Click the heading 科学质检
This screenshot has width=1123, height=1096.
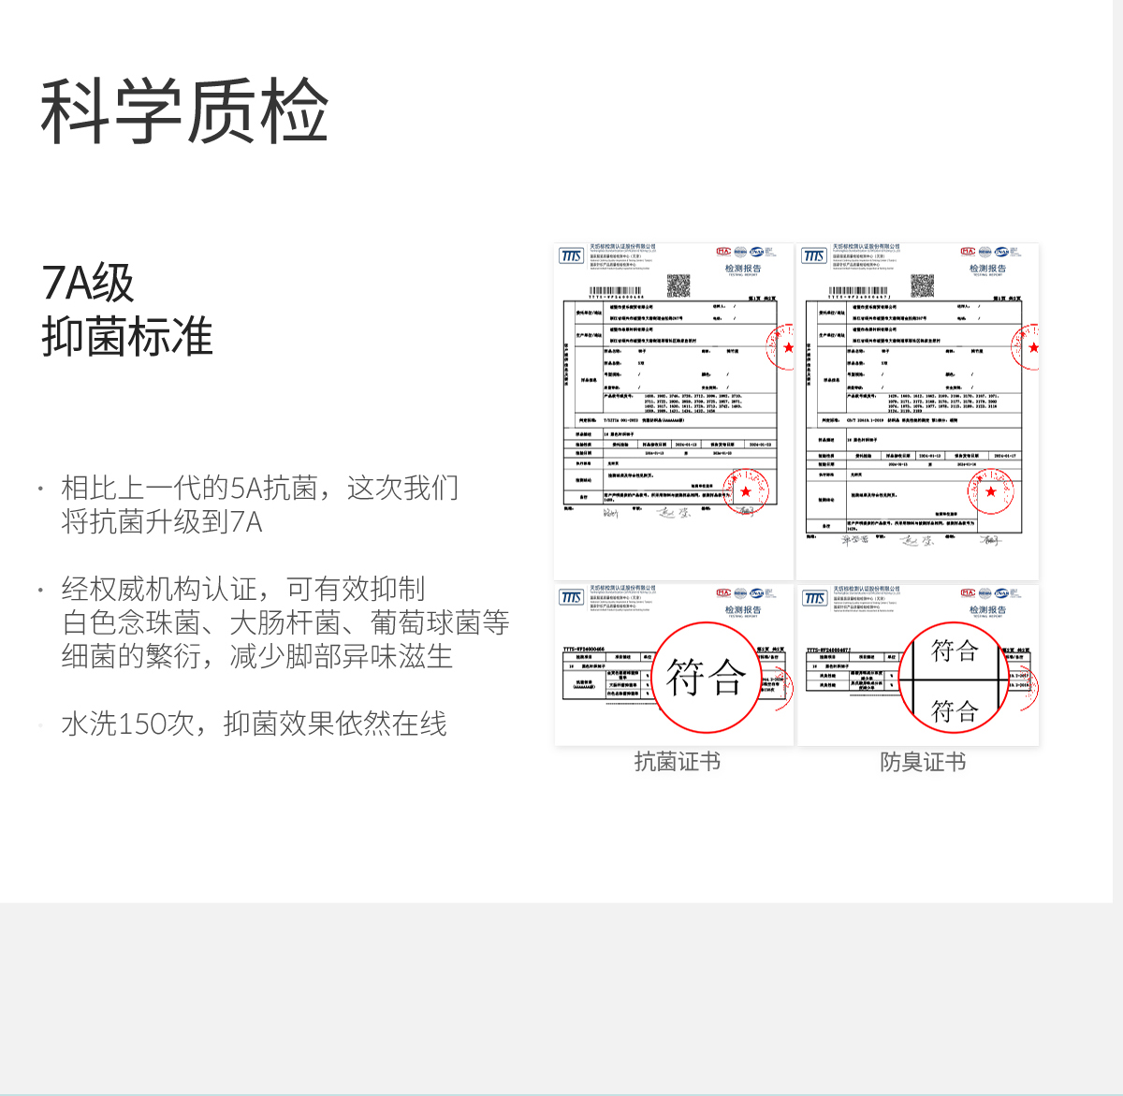(184, 111)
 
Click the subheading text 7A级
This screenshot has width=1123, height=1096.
(88, 284)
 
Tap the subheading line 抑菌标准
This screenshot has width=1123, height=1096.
(127, 337)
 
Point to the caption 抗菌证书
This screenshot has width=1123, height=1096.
(677, 762)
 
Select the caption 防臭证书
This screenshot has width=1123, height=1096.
(923, 762)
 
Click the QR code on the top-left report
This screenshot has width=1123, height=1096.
(678, 285)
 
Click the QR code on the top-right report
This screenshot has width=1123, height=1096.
(923, 285)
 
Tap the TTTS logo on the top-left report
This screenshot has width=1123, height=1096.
(571, 256)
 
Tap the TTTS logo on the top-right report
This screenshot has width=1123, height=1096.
(814, 256)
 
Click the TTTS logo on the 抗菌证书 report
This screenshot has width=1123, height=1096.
(571, 597)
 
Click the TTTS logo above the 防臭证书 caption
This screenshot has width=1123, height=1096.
(814, 597)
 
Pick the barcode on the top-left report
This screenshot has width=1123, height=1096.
(616, 291)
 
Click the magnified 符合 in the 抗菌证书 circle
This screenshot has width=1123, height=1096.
(706, 678)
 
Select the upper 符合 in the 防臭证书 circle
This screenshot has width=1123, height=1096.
(955, 650)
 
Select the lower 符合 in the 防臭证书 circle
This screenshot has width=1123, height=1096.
(955, 711)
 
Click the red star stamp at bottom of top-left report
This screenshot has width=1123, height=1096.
(746, 491)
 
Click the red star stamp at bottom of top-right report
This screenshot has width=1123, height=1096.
(991, 491)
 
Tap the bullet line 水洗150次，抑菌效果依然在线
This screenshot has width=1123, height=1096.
(254, 723)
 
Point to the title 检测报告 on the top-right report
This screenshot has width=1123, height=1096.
(987, 269)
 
